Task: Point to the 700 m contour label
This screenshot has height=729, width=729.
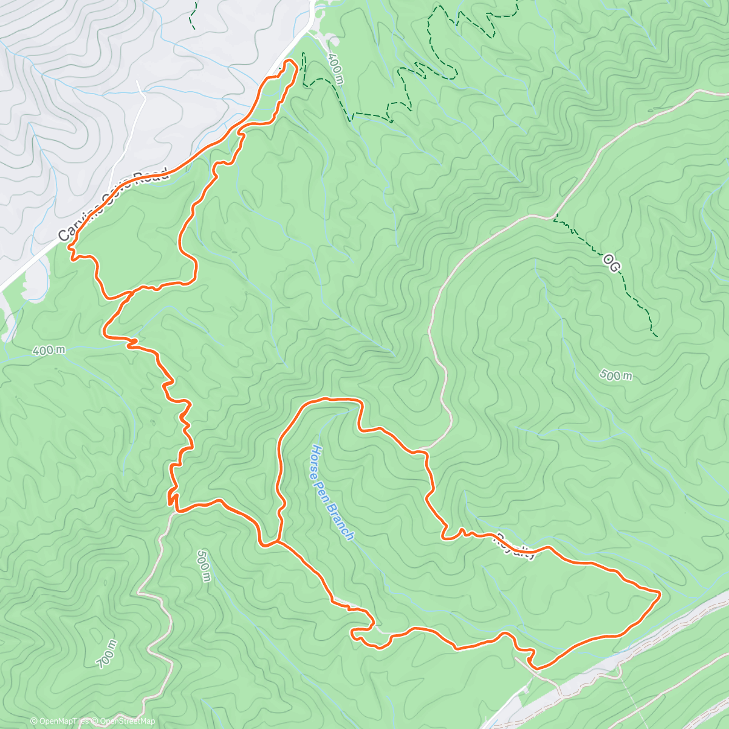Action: pos(107,654)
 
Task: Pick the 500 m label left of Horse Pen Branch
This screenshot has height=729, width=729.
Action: pos(204,565)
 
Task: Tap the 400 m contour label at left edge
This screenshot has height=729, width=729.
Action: pos(49,351)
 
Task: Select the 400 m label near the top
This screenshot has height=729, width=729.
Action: pos(335,68)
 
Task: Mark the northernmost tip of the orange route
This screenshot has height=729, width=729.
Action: pos(292,61)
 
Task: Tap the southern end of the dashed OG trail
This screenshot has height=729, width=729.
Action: pos(655,335)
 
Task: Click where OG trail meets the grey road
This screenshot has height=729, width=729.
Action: pos(555,216)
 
